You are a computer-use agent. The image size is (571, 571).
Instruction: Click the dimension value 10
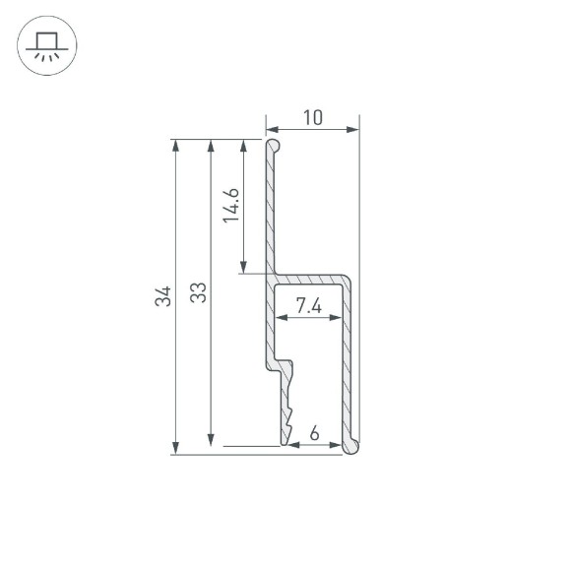[313, 118]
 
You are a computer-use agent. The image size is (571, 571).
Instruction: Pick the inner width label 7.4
[309, 306]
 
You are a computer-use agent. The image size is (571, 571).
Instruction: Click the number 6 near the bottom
[314, 433]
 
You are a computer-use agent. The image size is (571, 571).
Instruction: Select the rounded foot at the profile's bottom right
[350, 448]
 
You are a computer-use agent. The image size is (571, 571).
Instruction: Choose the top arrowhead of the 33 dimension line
[210, 146]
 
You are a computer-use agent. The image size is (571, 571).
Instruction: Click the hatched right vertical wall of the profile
[348, 364]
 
